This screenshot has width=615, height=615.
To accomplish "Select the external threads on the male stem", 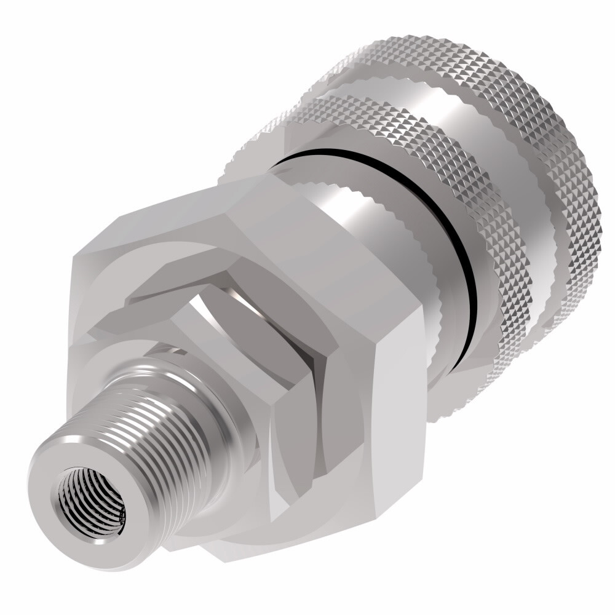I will click(178, 430).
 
